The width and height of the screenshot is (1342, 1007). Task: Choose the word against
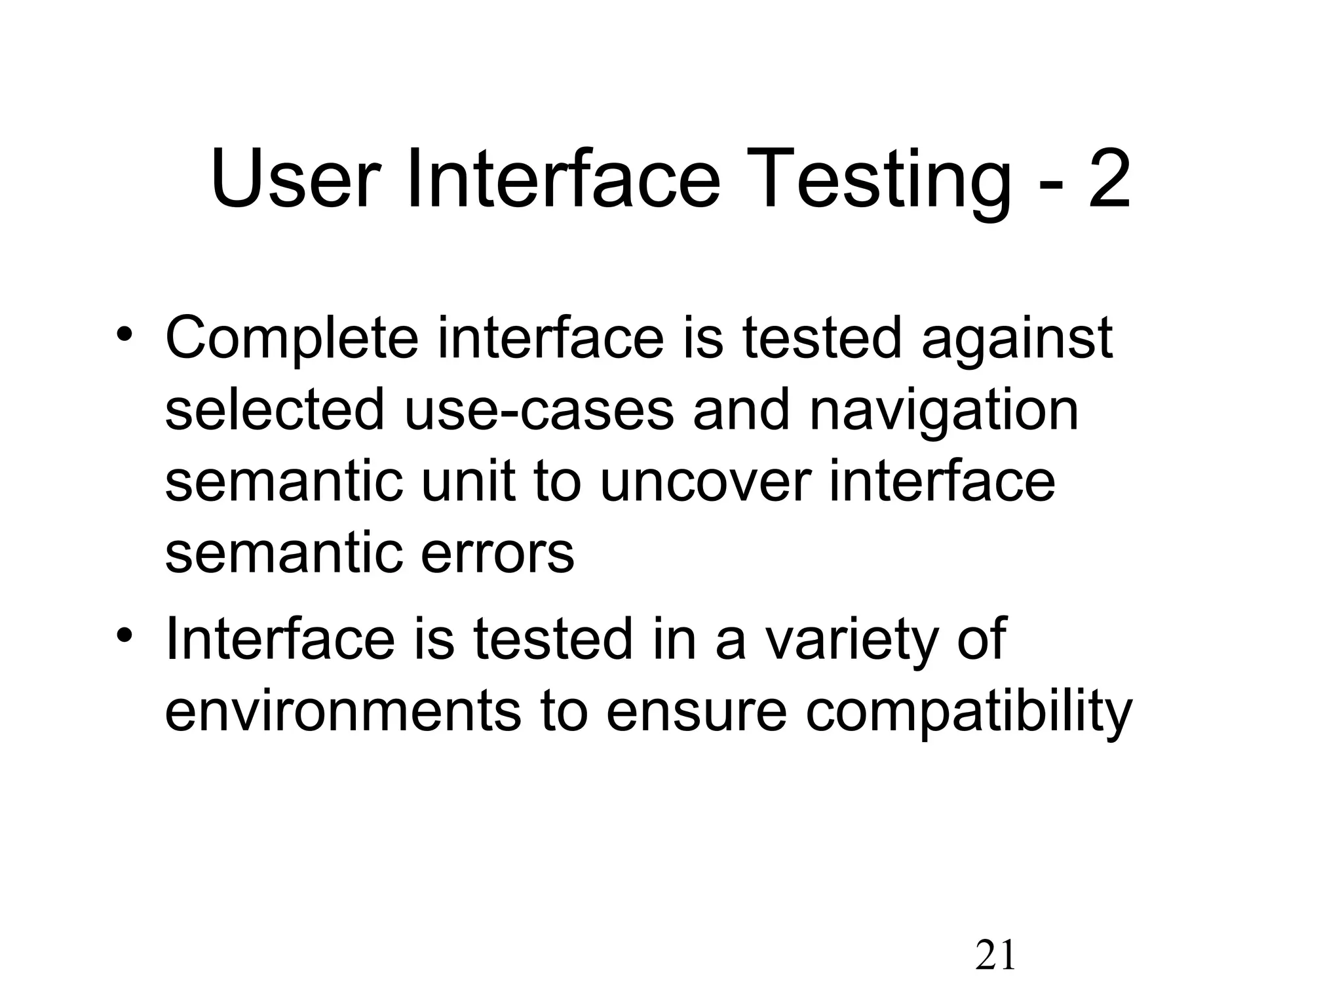coord(1017,339)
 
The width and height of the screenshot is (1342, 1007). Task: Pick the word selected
coord(275,410)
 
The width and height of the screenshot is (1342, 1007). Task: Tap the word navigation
coord(944,410)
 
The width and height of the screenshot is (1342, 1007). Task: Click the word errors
coord(497,554)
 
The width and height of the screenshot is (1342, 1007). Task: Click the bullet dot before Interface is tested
coord(125,635)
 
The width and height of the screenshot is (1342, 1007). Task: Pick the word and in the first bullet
coord(741,410)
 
